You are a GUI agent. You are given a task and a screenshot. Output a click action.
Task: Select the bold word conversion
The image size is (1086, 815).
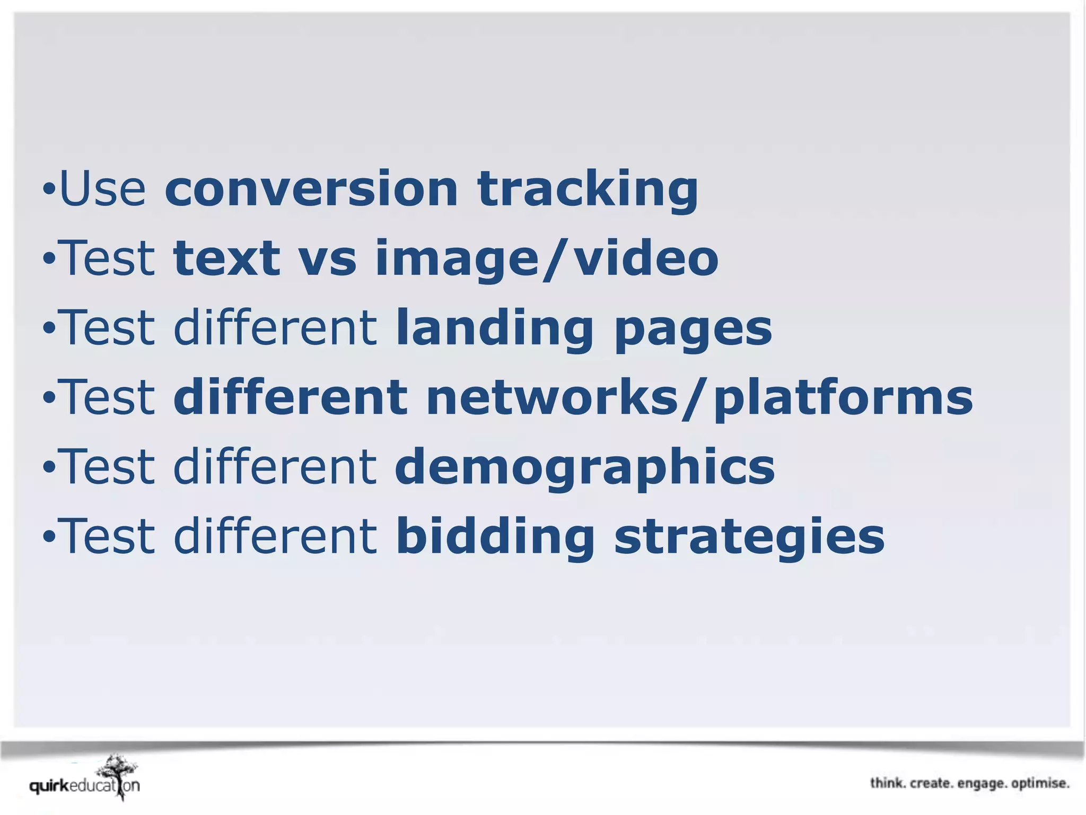coord(311,188)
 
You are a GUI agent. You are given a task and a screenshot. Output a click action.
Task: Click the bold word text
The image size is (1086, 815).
coord(226,258)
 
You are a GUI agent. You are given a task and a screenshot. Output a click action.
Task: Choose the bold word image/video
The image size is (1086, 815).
coord(546,258)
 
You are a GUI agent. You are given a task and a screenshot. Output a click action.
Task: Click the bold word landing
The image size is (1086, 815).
coord(494,328)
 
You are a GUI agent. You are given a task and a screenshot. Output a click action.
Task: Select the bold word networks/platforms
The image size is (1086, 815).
coord(699,398)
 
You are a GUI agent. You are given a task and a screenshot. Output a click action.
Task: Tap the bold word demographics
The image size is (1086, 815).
coord(584,467)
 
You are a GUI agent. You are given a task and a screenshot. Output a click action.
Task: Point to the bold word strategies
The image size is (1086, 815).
coord(749,537)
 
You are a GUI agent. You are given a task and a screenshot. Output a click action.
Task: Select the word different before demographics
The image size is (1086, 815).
coord(275,466)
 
